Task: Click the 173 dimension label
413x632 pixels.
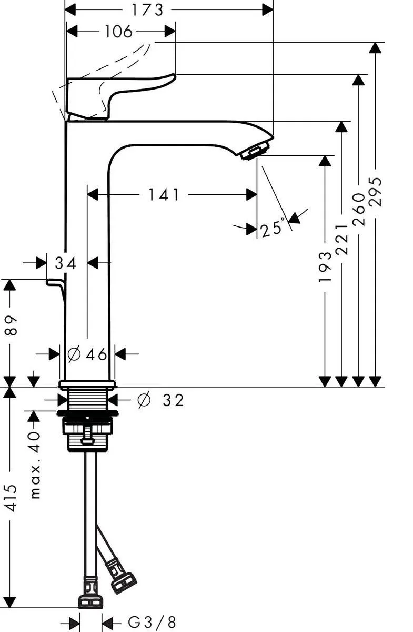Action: (147, 10)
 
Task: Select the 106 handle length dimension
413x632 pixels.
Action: (118, 31)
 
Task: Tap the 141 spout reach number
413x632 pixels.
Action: (164, 195)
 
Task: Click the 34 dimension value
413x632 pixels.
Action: (65, 263)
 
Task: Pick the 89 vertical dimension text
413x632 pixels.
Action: (11, 325)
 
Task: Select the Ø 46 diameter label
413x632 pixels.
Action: (87, 354)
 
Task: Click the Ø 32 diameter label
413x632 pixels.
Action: (160, 400)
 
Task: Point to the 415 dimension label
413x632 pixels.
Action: (11, 498)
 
